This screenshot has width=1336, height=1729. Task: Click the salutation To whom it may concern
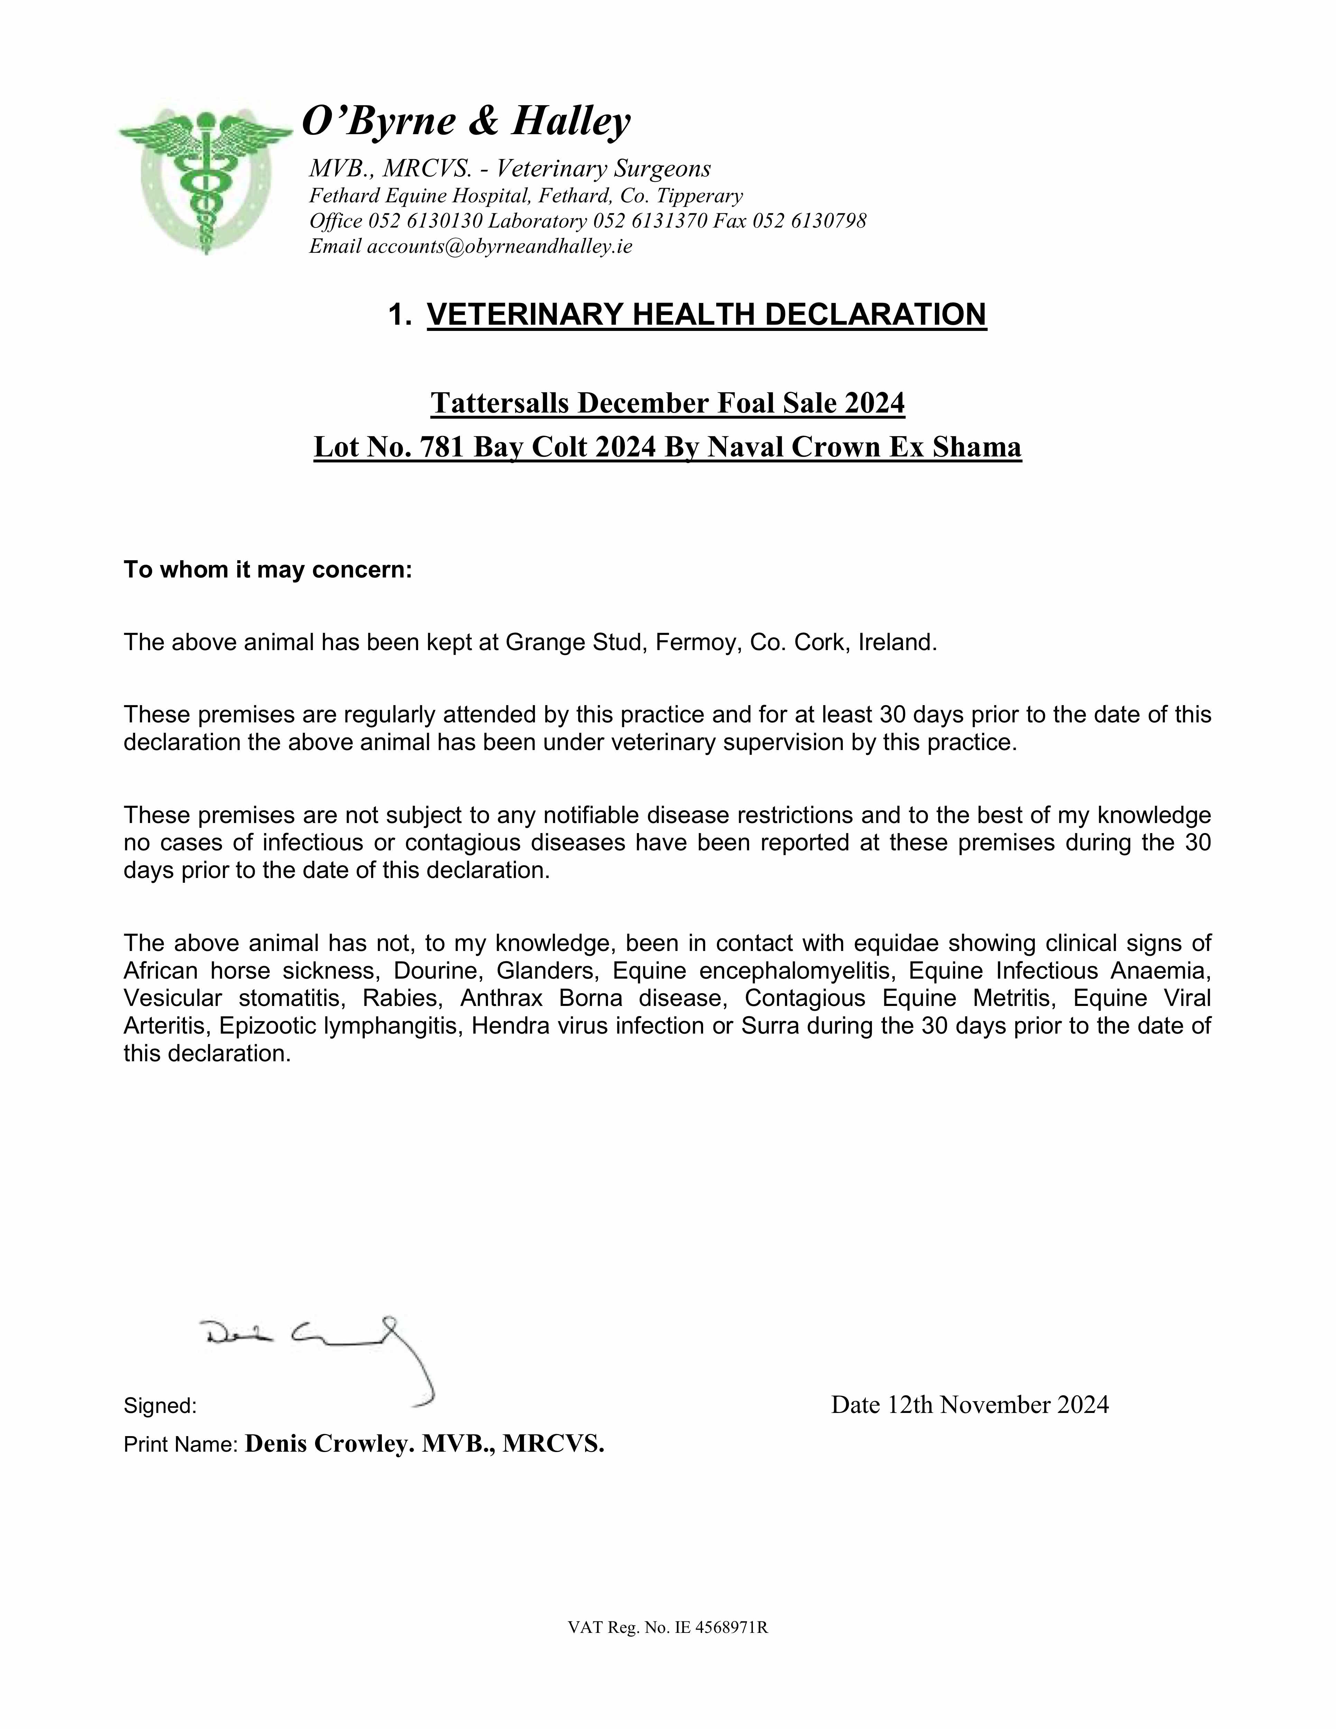268,570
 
